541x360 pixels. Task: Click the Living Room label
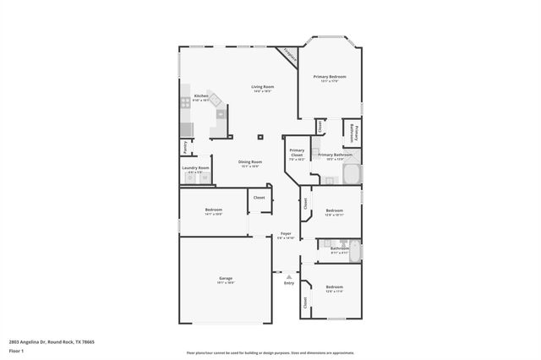tap(262, 87)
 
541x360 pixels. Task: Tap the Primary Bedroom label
tap(330, 77)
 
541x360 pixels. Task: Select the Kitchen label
tap(201, 96)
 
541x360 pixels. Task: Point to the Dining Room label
tap(250, 161)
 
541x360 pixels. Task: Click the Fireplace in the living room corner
tap(288, 55)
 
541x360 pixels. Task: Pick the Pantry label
tap(185, 145)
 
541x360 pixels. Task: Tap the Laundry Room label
tap(195, 168)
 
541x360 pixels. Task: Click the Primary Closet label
tap(297, 153)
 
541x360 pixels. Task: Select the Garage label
tap(226, 278)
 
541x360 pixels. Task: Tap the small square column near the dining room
tap(261, 136)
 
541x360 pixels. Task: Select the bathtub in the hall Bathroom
tap(355, 253)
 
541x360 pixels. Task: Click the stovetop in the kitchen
tap(184, 102)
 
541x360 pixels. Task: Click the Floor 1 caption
tap(17, 351)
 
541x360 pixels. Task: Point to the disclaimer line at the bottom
tap(270, 353)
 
